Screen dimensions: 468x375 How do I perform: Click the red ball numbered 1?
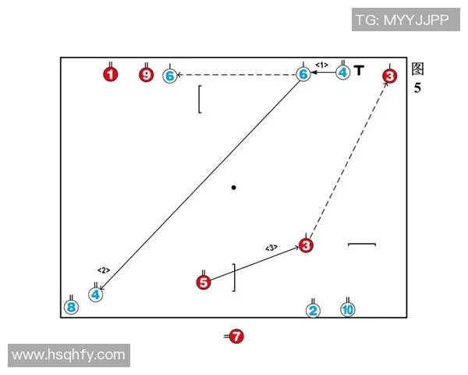point(111,74)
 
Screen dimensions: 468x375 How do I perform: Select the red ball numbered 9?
point(147,75)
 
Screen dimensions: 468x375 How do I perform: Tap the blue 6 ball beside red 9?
point(170,76)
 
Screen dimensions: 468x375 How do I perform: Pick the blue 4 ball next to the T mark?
point(343,73)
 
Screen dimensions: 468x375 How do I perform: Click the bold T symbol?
point(359,70)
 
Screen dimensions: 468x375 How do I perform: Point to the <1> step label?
point(321,65)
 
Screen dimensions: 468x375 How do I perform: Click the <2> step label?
point(104,270)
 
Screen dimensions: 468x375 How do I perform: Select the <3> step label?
point(271,248)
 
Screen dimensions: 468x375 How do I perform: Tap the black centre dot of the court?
point(234,187)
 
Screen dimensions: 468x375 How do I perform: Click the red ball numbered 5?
point(204,283)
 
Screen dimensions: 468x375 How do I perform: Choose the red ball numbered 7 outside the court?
point(236,337)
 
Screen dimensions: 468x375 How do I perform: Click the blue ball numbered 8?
point(71,307)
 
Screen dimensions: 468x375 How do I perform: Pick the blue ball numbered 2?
point(313,310)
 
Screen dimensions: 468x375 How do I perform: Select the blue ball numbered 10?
point(348,309)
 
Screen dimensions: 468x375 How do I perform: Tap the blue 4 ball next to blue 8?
point(95,295)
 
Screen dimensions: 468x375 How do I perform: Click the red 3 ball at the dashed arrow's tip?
point(389,76)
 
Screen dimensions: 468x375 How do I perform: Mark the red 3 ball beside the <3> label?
point(306,245)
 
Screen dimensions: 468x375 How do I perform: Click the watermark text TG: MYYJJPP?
point(402,20)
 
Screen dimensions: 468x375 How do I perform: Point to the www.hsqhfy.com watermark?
point(69,355)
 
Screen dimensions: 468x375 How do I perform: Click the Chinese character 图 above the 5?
point(417,69)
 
